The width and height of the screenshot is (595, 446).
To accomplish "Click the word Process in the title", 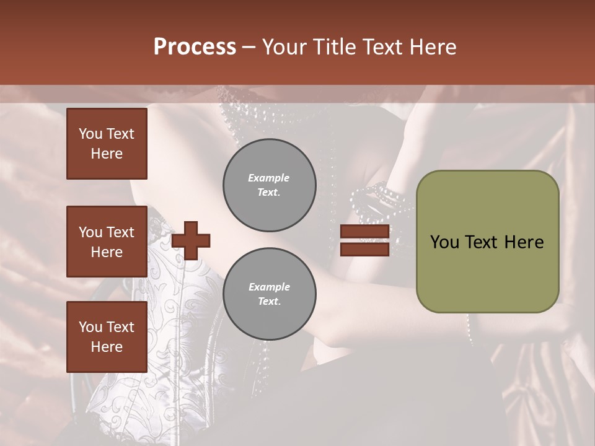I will pos(195,47).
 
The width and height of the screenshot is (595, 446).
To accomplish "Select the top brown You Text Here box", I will pos(107,144).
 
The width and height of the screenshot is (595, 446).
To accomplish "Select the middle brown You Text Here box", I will pos(107,242).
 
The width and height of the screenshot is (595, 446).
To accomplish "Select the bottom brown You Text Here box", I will pos(107,337).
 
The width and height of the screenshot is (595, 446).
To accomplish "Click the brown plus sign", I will pos(191,240).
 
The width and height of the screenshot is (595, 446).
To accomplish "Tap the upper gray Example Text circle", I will pos(269,185).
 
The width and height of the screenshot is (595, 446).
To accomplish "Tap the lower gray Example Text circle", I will pos(269,294).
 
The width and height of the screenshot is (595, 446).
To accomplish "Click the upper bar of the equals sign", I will pos(364,232).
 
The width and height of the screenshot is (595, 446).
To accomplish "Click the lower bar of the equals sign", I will pos(364,249).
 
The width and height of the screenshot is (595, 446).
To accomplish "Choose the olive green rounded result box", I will pos(487,242).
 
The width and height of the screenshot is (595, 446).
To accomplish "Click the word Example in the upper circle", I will pos(269,178).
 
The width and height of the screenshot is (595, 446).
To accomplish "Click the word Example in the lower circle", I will pos(269,287).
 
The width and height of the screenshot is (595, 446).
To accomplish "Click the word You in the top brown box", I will pos(90,134).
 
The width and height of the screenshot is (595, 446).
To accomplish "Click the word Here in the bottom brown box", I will pos(107,347).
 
